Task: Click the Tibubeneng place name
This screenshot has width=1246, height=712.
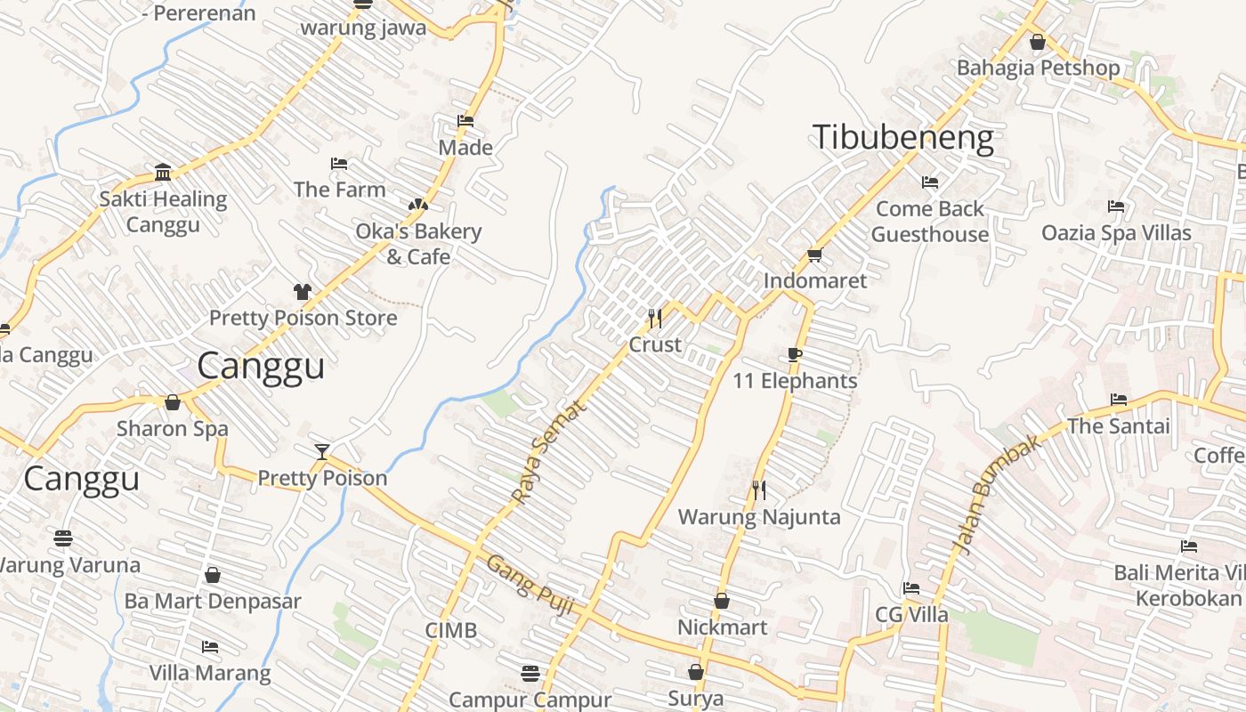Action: [x=902, y=138]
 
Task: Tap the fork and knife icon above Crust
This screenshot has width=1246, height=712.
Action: [x=655, y=318]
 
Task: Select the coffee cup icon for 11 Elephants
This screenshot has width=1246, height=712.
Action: [x=795, y=355]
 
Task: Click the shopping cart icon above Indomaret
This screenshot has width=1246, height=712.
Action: [x=813, y=255]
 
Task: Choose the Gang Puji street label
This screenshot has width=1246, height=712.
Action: [x=529, y=585]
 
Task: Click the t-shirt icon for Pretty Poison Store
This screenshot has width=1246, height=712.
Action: [x=303, y=291]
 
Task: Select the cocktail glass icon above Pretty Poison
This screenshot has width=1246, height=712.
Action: [x=322, y=452]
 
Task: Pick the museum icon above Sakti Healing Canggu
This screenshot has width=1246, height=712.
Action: [x=163, y=172]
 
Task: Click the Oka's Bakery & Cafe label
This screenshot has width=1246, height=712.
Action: [x=418, y=244]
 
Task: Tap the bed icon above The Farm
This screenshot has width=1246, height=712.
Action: [x=339, y=164]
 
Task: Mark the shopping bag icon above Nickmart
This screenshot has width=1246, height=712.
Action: [x=722, y=601]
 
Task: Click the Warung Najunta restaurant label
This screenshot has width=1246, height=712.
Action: [x=758, y=517]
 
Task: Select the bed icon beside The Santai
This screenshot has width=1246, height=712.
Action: [x=1119, y=400]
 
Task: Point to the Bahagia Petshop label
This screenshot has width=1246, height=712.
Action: [x=1038, y=68]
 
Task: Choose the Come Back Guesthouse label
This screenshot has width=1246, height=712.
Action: [x=930, y=222]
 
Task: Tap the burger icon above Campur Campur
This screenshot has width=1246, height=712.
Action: [x=530, y=672]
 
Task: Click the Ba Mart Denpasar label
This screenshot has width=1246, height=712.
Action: [x=213, y=601]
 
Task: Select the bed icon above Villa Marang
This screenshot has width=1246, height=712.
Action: [x=210, y=646]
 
